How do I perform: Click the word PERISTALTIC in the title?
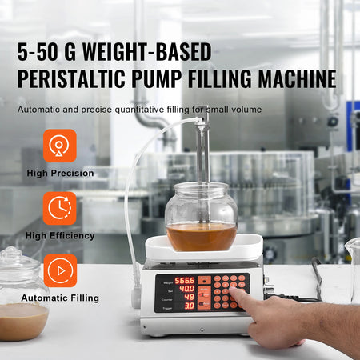coord(78,80)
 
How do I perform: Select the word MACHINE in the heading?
coord(292,80)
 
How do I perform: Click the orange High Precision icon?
coord(60,146)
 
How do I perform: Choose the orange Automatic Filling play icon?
coord(60,270)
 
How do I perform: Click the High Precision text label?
coord(60,173)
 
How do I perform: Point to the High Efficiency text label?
coord(60,235)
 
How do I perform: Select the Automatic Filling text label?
coord(61,298)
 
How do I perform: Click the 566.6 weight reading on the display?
coord(185,281)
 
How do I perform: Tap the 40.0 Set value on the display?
coord(186,289)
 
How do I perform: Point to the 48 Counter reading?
coord(188,297)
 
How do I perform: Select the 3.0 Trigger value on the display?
coord(188,306)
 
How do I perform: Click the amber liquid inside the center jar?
coord(201,236)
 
